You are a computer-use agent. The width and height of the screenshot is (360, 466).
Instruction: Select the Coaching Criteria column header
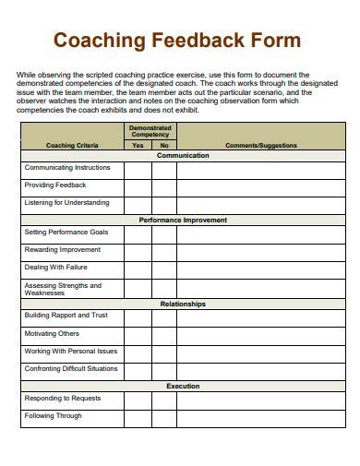[x=72, y=145]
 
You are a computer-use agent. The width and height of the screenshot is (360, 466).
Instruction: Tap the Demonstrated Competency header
[x=150, y=131]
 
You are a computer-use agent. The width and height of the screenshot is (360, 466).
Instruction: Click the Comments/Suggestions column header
[x=261, y=145]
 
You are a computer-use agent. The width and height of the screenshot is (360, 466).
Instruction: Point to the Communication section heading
[x=183, y=156]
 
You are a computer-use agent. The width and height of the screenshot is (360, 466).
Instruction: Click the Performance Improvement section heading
[x=183, y=221]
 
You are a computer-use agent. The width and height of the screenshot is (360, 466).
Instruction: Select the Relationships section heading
[x=183, y=304]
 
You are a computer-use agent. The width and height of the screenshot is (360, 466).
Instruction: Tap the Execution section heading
[x=183, y=386]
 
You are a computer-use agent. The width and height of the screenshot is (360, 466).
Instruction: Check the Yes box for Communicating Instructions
[x=138, y=169]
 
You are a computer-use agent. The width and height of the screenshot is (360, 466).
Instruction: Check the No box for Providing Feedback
[x=164, y=186]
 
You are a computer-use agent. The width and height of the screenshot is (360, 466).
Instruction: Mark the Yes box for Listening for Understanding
[x=138, y=204]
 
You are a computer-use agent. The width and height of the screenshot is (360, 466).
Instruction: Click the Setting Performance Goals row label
[x=66, y=233]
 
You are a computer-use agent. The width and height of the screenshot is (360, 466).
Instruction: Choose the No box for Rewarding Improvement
[x=164, y=251]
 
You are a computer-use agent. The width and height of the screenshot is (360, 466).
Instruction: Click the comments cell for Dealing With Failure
[x=261, y=269]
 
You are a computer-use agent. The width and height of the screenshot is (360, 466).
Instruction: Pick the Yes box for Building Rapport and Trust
[x=138, y=317]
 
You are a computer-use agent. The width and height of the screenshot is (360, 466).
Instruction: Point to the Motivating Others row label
[x=53, y=334]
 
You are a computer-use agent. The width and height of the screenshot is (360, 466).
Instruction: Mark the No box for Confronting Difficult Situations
[x=164, y=370]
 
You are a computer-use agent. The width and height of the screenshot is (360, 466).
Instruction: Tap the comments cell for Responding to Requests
[x=261, y=400]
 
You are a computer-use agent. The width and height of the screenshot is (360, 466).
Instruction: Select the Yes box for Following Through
[x=138, y=417]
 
